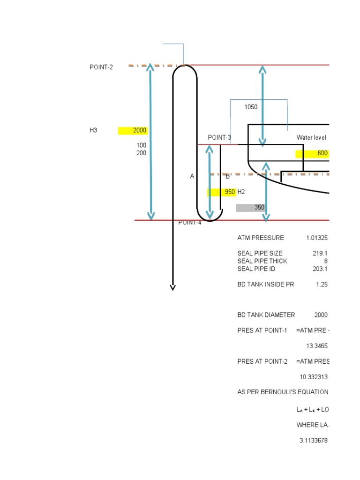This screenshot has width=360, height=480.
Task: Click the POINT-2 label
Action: (101, 67)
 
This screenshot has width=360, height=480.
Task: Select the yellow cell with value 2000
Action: (133, 130)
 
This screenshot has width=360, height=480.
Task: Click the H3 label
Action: (93, 130)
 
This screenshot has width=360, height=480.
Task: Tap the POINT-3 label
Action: (219, 137)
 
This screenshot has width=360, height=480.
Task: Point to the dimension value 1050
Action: (251, 107)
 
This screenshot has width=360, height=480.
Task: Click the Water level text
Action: (311, 137)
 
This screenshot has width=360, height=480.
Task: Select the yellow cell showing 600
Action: (312, 153)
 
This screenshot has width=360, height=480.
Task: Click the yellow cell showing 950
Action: (221, 192)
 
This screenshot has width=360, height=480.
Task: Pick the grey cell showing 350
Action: (251, 207)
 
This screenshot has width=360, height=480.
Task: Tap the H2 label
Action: (241, 192)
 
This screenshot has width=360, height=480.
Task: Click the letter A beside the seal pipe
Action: (192, 176)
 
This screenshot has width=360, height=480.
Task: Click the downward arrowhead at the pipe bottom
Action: (172, 287)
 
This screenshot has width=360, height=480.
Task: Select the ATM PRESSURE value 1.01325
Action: (317, 238)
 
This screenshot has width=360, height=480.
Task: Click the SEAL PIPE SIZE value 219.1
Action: (320, 253)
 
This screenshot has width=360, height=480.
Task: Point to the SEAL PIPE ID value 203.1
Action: (320, 269)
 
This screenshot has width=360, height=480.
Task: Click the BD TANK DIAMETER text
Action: (266, 315)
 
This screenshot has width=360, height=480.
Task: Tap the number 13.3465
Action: (317, 345)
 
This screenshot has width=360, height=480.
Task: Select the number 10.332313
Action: (314, 376)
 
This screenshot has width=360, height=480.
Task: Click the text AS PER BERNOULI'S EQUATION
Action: (283, 392)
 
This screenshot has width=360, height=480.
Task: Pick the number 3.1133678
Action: (313, 441)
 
